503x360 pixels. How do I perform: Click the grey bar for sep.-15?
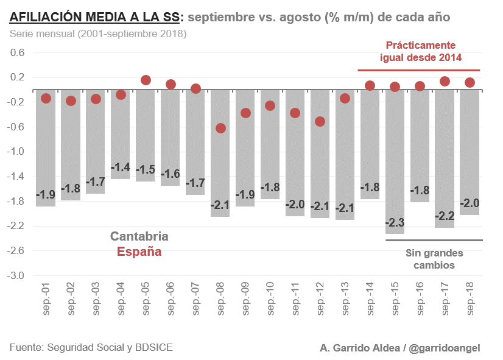click(395, 161)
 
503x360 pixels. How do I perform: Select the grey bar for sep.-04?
click(121, 134)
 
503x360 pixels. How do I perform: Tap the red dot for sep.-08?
click(220, 128)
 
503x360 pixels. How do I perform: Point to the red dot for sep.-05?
click(146, 80)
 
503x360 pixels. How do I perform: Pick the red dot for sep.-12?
click(320, 121)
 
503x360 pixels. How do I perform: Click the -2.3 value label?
click(395, 222)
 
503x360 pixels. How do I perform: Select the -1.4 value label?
click(121, 167)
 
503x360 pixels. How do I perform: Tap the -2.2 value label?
click(445, 216)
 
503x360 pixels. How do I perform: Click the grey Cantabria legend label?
click(139, 236)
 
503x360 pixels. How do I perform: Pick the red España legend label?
click(139, 251)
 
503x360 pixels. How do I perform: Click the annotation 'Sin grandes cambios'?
click(434, 259)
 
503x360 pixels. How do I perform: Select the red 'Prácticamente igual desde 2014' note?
click(420, 52)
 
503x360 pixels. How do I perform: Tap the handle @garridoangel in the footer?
click(445, 348)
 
